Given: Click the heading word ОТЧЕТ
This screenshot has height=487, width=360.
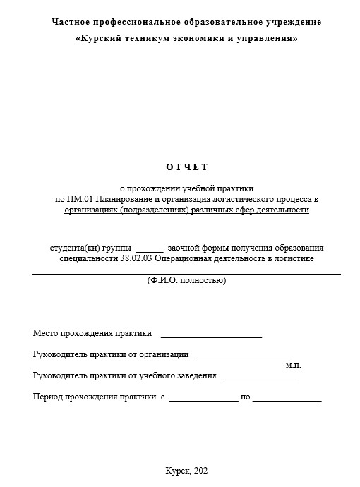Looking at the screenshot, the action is pos(186,167).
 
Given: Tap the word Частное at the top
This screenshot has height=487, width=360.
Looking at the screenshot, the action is pos(73,22).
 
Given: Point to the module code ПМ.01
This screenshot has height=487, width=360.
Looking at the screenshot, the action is pos(79,199).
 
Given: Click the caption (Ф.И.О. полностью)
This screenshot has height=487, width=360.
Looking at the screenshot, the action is pos(186,280).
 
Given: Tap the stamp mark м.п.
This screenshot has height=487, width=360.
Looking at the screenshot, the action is pos(293,366).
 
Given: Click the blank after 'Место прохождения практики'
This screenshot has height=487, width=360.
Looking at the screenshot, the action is pos(212,335).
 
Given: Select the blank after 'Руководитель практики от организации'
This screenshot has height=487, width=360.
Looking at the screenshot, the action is pos(244,356).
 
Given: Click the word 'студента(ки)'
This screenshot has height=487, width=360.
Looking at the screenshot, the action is pos(74,248).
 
